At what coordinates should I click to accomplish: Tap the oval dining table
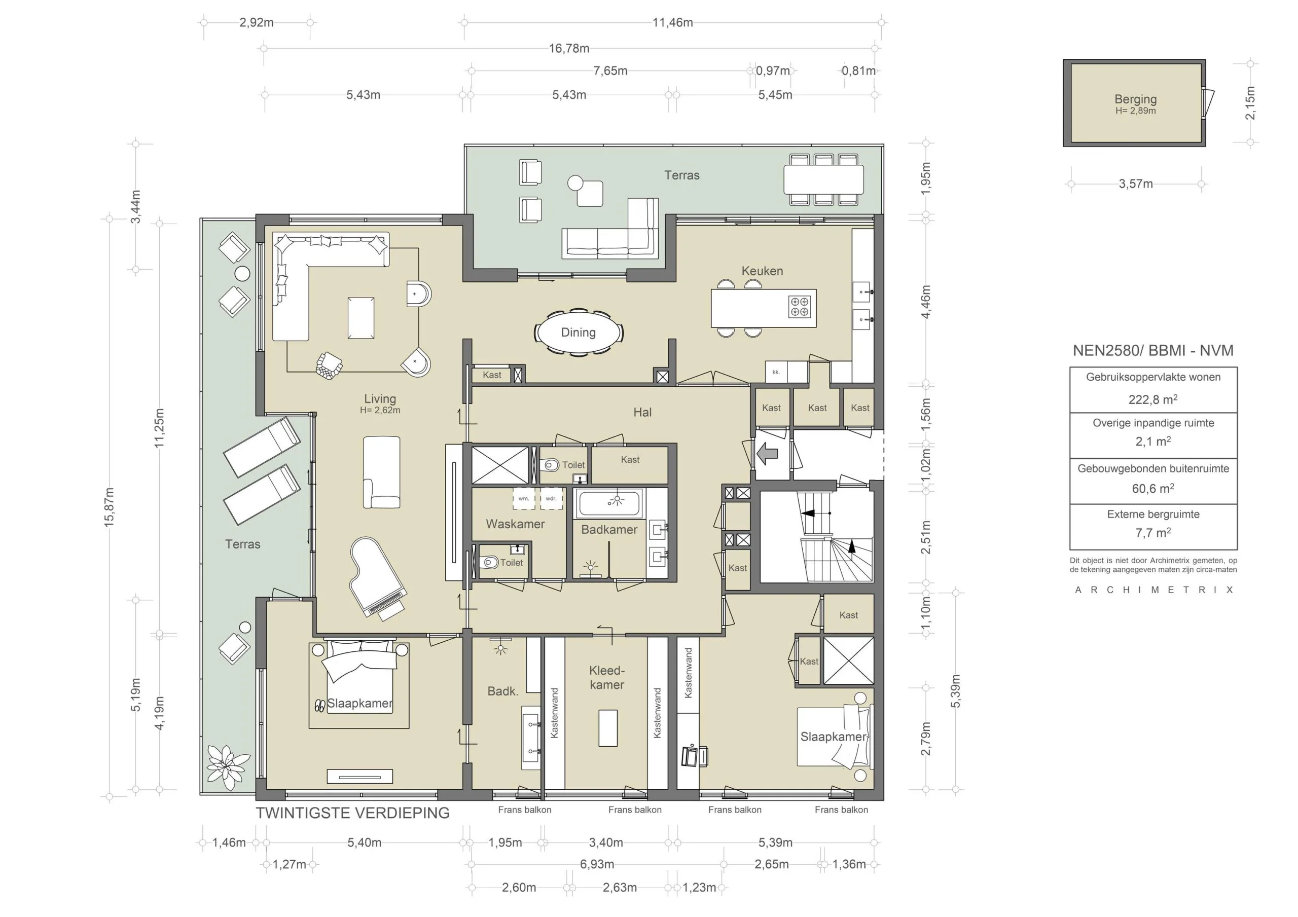579,333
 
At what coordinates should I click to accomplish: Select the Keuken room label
762,271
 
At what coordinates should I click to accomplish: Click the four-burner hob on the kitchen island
800,306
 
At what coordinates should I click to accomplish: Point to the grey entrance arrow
767,453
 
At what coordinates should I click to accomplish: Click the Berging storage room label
1135,99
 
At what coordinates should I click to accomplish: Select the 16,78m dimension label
569,49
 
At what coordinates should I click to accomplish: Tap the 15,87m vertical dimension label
109,507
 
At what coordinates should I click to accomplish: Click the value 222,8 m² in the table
1152,399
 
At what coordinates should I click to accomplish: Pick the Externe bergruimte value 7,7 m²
1152,533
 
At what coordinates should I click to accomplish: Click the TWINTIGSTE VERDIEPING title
353,813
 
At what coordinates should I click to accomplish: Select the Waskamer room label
515,524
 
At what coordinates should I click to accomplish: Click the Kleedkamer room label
606,677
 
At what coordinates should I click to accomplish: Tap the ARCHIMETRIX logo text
1154,590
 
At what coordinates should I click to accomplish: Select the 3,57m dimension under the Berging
1135,184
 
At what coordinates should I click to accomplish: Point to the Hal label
642,412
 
